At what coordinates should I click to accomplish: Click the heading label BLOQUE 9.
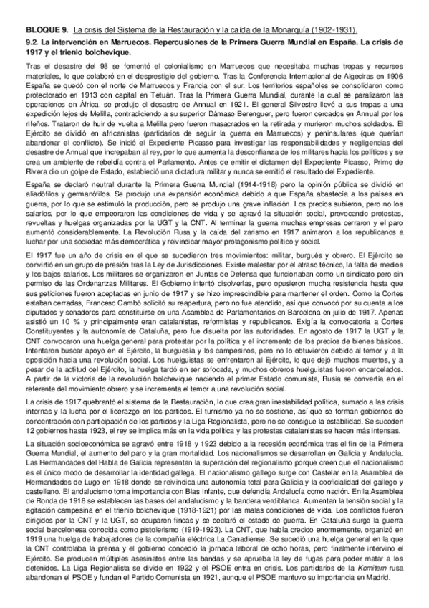(46, 29)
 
